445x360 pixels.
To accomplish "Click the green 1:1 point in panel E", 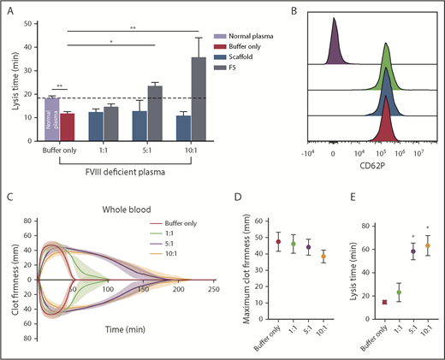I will click(374, 292).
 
